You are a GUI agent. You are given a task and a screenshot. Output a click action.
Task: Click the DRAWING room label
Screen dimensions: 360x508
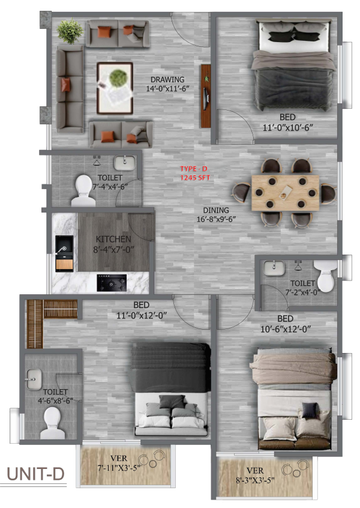tap(167, 79)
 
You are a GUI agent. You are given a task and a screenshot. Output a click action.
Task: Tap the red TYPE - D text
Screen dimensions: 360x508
tap(194, 169)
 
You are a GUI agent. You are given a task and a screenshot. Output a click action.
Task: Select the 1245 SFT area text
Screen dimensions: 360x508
tap(195, 178)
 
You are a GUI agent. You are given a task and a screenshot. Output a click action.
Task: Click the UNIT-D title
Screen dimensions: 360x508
tap(35, 474)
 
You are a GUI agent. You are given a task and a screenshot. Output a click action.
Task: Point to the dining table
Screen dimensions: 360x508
tap(285, 193)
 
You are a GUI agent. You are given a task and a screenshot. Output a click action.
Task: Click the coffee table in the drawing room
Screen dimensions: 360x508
tap(115, 88)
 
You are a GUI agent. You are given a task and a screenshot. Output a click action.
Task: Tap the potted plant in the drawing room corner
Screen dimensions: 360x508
tap(70, 31)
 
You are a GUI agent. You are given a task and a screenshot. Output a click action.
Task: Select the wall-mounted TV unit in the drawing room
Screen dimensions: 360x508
tap(206, 96)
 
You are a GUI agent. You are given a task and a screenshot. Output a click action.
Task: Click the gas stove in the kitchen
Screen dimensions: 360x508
tap(112, 283)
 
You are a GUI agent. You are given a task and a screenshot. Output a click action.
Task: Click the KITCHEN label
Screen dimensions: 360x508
tap(113, 240)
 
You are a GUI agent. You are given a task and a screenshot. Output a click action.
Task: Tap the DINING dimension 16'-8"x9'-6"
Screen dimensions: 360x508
tap(216, 219)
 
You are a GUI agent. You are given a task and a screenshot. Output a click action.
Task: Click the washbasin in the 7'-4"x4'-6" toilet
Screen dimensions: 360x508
tap(125, 163)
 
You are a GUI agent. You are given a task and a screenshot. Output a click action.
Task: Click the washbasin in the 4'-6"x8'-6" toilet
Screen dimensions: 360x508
tap(34, 379)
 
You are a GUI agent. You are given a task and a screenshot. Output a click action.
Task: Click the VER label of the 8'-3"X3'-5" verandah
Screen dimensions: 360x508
tap(255, 471)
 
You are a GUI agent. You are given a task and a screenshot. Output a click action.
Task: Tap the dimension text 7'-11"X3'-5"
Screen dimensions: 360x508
tap(119, 468)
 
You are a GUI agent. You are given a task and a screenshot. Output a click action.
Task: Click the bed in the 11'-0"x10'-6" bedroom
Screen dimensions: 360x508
tap(293, 66)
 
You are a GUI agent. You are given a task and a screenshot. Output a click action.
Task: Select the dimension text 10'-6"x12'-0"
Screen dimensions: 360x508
tap(286, 329)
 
